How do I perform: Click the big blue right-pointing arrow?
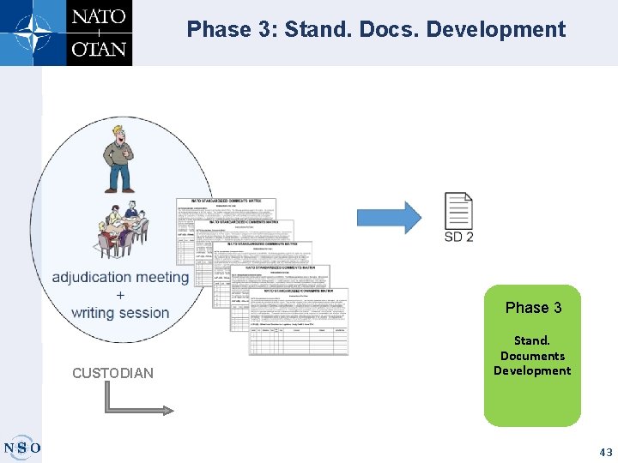pos(389,216)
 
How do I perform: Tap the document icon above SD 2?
pos(458,210)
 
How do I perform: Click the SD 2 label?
pos(458,237)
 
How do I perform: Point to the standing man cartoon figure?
pos(118,159)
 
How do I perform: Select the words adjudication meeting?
pos(120,277)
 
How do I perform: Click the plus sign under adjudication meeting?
pos(119,295)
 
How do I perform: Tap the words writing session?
pos(120,313)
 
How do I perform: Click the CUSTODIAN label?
pos(113,373)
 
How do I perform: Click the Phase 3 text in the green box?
pos(533,308)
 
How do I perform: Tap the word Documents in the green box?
pos(532,356)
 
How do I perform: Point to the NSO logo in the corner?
pos(21,447)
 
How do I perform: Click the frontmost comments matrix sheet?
pos(299,321)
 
